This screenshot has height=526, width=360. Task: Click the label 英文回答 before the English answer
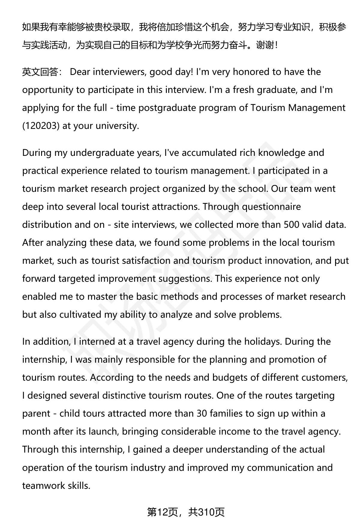pos(40,72)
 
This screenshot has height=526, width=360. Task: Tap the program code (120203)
pos(41,126)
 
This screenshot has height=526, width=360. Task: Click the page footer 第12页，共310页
pos(186,512)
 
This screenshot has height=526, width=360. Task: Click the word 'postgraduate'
pos(165,108)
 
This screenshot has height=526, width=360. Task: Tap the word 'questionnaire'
pos(267,207)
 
